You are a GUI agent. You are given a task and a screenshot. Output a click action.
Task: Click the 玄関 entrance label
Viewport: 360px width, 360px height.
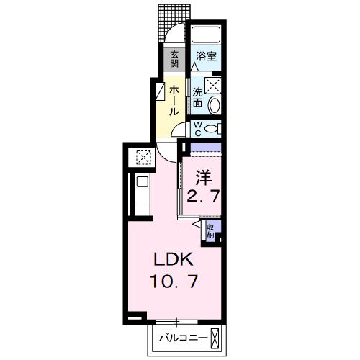(174, 59)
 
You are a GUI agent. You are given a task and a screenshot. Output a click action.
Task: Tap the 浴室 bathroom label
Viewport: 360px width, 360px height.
(206, 56)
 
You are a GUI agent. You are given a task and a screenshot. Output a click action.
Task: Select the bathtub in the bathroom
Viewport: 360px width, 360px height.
(206, 35)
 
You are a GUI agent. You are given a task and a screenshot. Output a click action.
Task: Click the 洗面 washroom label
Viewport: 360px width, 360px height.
(197, 98)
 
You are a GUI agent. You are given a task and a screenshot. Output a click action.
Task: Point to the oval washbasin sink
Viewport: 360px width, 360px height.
(215, 105)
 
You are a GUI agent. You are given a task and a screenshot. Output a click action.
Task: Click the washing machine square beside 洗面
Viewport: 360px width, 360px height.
(212, 85)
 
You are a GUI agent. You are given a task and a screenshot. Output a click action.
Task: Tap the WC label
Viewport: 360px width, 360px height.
(197, 129)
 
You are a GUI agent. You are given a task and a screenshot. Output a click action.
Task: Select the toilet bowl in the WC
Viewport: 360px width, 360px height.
(212, 129)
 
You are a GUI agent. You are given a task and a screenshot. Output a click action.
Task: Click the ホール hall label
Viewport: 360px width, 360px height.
(174, 101)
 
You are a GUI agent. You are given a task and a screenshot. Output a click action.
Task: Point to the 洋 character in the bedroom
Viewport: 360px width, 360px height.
(204, 178)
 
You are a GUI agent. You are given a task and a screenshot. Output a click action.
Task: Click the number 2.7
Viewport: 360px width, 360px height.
(203, 197)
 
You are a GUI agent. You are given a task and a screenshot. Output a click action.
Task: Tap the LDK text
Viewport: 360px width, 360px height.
(174, 259)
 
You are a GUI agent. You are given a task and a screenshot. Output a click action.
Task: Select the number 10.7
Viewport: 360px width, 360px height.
(174, 281)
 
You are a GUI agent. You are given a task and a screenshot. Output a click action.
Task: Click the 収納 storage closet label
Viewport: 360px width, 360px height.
(210, 231)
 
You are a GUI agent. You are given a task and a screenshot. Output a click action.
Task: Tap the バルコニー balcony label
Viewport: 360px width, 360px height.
(184, 338)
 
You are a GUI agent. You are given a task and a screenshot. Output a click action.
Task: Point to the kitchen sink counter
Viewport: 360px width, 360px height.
(143, 194)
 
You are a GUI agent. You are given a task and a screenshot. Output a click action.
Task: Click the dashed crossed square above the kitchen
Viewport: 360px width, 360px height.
(143, 157)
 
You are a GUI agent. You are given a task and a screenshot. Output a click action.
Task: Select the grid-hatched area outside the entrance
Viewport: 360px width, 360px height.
(174, 23)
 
